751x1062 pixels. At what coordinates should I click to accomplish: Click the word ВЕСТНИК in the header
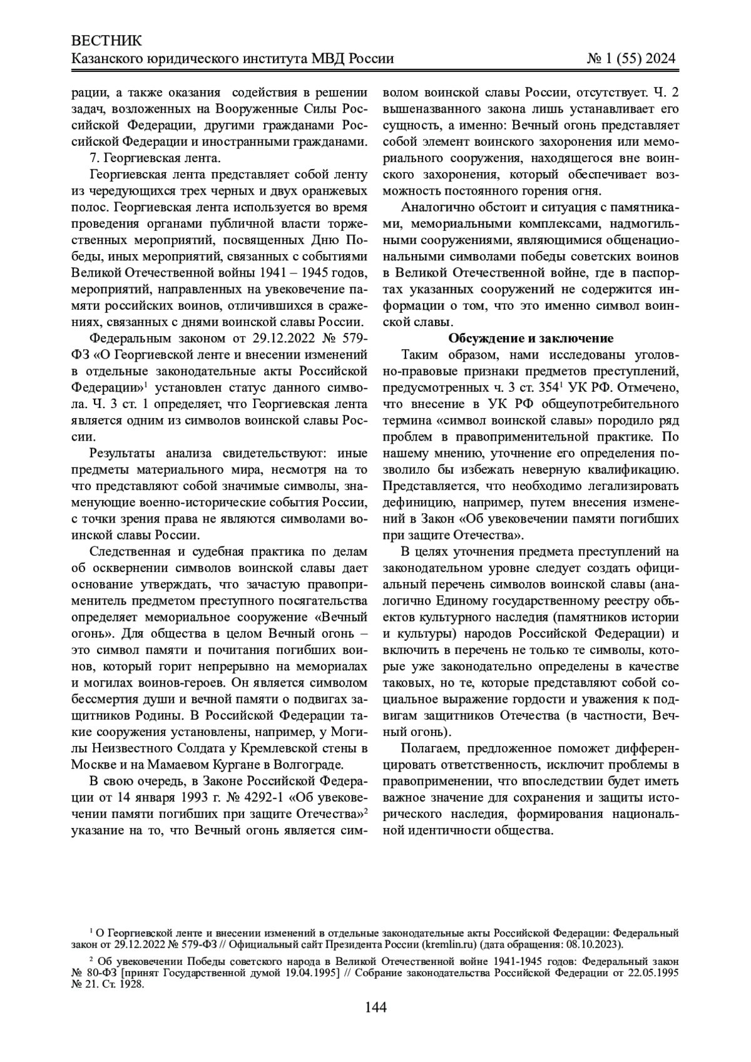(x=107, y=41)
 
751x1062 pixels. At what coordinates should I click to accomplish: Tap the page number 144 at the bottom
(x=375, y=1007)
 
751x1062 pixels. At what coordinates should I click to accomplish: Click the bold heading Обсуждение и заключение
(x=530, y=339)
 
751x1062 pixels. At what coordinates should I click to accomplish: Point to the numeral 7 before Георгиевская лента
(x=93, y=158)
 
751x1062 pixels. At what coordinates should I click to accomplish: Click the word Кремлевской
(x=276, y=748)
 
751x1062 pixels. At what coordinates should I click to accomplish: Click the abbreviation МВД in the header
(x=323, y=59)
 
